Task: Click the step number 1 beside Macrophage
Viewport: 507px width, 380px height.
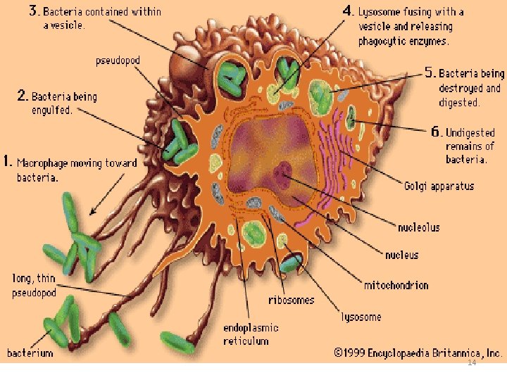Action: (8, 161)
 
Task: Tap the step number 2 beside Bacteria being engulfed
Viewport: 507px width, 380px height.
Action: (22, 96)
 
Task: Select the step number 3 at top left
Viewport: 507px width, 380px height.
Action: (35, 11)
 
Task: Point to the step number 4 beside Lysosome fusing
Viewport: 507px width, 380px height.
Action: (348, 11)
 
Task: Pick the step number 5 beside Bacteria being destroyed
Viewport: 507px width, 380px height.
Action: (430, 72)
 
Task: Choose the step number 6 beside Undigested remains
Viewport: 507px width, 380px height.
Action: (437, 132)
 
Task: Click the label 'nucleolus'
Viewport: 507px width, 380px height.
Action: (418, 227)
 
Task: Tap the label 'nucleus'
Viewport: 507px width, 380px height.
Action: (401, 255)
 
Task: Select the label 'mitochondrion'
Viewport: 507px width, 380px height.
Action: (396, 285)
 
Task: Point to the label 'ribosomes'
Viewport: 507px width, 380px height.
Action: (292, 300)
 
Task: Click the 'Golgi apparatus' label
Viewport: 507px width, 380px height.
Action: (439, 186)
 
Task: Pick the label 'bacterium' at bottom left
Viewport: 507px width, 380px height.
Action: (30, 353)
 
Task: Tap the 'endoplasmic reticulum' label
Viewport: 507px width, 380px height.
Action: (251, 334)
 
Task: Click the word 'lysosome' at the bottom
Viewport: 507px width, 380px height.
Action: (361, 317)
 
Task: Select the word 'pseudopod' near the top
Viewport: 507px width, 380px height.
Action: (118, 60)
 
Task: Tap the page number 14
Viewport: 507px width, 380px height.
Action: (472, 362)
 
